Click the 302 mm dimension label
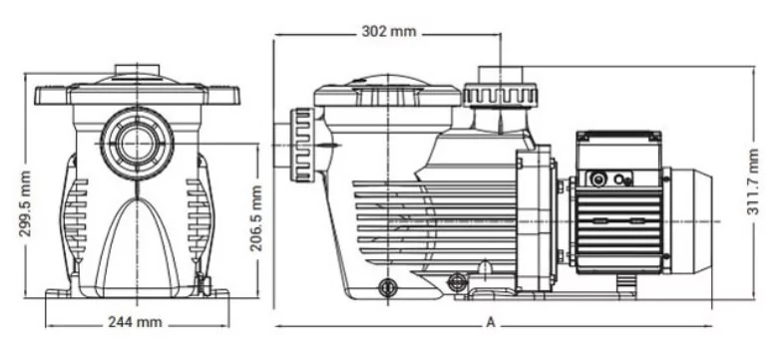(389, 31)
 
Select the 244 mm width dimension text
(135, 322)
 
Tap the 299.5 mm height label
(25, 203)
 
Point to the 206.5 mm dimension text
(256, 218)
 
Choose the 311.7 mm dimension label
(753, 181)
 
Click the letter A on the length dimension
(491, 323)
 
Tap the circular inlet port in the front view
(137, 144)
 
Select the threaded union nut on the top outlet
(500, 96)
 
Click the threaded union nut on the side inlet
(302, 145)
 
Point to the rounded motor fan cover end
(691, 221)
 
